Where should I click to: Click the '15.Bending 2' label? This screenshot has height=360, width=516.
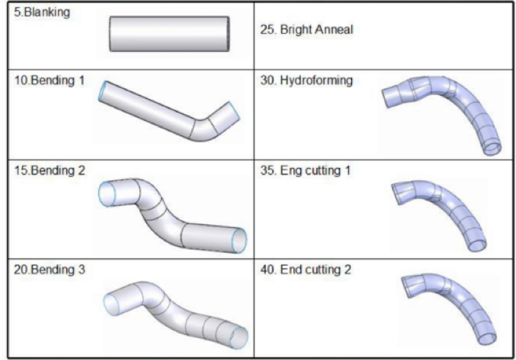click(x=45, y=171)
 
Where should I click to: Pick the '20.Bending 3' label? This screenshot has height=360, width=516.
click(x=45, y=269)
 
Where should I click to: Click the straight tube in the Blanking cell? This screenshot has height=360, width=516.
click(x=173, y=34)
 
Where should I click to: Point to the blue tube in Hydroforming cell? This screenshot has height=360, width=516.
click(x=447, y=110)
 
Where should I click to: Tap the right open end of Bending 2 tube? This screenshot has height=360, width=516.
click(x=239, y=240)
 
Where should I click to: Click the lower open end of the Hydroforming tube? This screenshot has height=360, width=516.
click(x=493, y=147)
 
